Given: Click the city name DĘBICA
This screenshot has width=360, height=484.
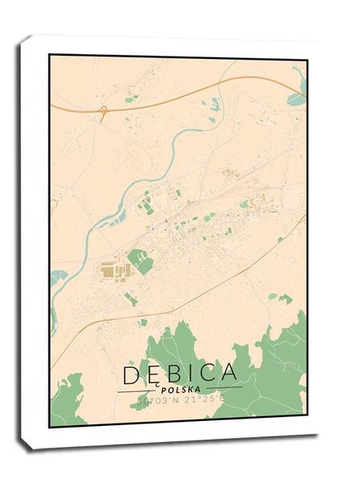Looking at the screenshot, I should (180, 373).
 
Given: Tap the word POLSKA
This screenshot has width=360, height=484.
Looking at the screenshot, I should (180, 388).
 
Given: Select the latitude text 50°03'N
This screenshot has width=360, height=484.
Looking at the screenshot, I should (155, 399).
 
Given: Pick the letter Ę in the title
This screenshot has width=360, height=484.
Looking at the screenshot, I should (155, 373).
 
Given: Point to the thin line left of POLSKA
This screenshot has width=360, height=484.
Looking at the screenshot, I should (137, 390).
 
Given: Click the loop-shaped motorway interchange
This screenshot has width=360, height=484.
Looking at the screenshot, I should (103, 110).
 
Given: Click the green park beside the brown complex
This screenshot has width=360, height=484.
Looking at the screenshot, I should (138, 260).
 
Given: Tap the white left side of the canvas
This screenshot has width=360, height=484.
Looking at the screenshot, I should (34, 242).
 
